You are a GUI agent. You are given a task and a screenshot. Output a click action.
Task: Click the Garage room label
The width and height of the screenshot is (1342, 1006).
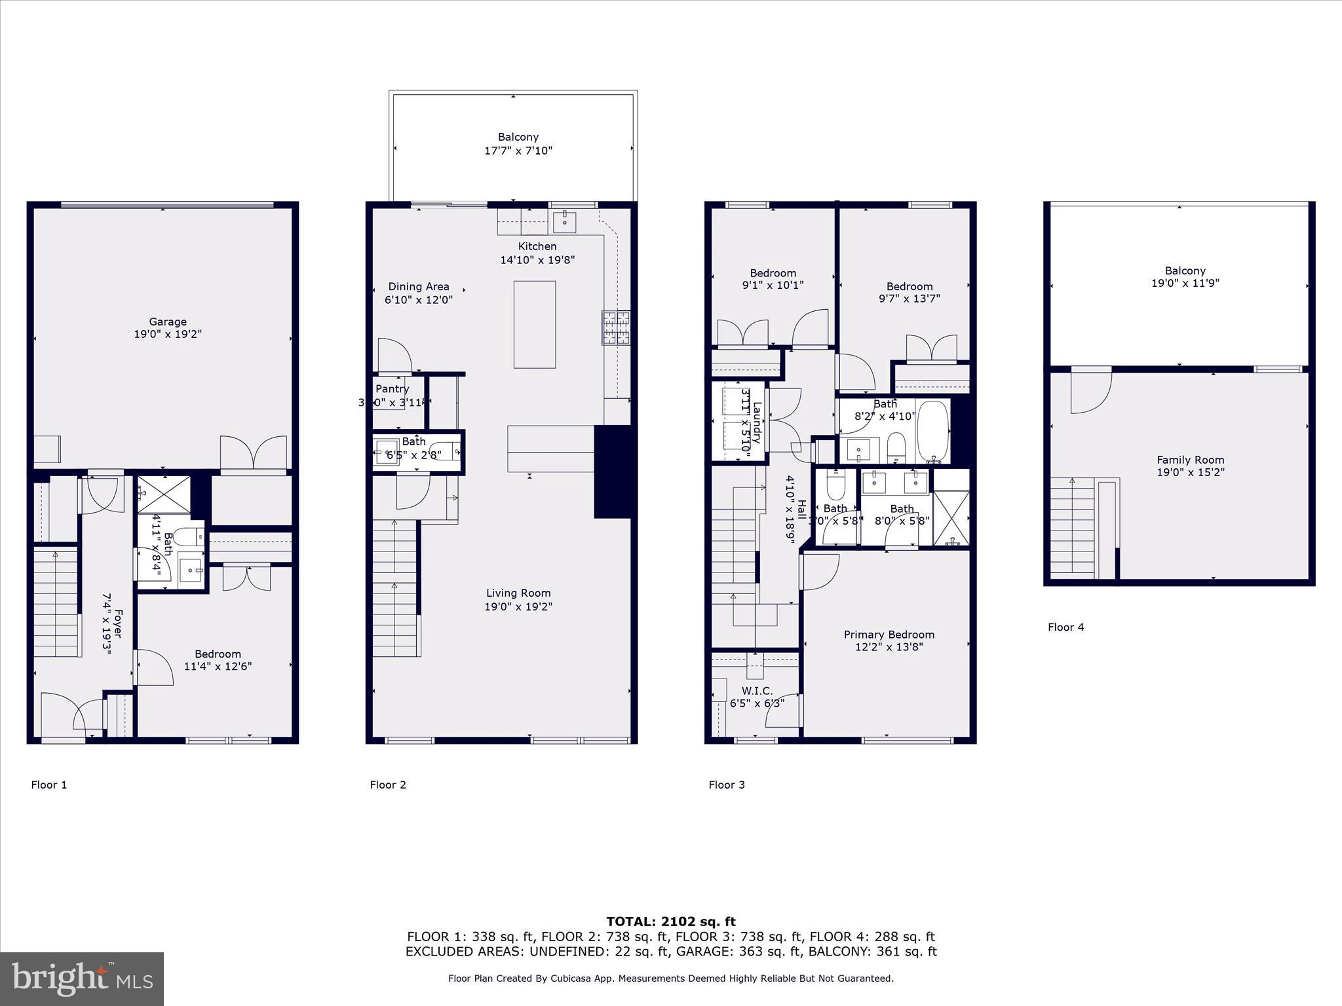(x=168, y=322)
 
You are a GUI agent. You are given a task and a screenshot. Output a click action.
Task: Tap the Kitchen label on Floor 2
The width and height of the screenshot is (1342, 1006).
(x=537, y=246)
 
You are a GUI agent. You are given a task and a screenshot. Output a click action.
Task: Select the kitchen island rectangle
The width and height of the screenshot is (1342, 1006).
(x=535, y=324)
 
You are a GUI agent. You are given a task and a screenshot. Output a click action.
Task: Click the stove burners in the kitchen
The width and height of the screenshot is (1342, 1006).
(x=616, y=327)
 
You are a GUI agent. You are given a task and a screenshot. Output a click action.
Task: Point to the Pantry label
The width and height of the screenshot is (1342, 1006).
(x=392, y=389)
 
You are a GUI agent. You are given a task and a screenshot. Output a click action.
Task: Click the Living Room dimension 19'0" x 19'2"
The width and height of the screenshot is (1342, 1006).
(x=518, y=606)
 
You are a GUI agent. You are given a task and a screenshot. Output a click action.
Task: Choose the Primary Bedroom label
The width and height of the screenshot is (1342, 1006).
(x=889, y=634)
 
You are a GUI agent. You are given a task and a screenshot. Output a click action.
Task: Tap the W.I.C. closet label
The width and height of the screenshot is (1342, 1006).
(x=757, y=690)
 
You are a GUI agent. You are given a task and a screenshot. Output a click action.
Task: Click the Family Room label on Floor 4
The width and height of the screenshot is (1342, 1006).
(x=1190, y=460)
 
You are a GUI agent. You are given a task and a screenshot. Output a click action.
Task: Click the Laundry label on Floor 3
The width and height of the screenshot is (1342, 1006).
(x=757, y=423)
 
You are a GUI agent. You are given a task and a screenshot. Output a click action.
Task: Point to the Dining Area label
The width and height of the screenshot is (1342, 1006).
(x=419, y=286)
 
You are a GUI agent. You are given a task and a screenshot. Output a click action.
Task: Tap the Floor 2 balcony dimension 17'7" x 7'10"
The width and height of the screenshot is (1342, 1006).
(x=518, y=151)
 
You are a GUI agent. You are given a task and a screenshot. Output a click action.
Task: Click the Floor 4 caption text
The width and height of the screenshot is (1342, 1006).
(x=1065, y=627)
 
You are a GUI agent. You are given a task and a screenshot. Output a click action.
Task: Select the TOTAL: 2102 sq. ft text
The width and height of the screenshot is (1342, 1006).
(x=671, y=922)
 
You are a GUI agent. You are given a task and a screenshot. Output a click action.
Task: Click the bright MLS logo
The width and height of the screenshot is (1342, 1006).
(x=82, y=978)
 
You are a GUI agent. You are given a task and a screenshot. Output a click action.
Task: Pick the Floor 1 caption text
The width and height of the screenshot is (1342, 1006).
(x=49, y=785)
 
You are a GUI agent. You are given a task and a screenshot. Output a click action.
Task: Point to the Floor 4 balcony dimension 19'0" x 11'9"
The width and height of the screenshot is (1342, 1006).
(x=1185, y=283)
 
